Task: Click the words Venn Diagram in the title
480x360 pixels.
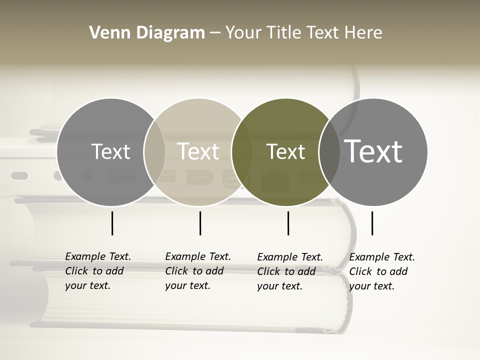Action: click(147, 32)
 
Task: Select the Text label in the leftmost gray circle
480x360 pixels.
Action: click(110, 151)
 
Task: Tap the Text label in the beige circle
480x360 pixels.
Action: click(198, 151)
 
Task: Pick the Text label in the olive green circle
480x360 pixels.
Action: click(285, 151)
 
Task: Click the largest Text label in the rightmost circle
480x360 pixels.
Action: click(373, 151)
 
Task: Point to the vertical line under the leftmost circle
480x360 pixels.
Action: click(112, 223)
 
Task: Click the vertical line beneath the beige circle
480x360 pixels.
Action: click(200, 223)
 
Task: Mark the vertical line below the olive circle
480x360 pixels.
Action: click(288, 223)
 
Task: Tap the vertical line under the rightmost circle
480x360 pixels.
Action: click(372, 223)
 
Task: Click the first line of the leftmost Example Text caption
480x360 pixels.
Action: click(98, 256)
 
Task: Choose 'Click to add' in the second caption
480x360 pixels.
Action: click(194, 271)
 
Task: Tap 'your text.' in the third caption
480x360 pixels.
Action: click(280, 286)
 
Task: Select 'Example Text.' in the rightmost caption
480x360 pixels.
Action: click(382, 257)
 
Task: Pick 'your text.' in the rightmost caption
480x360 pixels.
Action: click(372, 286)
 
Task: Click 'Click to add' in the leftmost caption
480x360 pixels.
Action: click(94, 271)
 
